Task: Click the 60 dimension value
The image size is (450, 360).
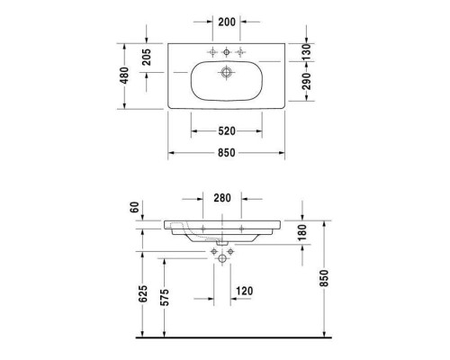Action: coord(135,208)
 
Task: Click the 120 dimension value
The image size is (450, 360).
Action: coord(242,291)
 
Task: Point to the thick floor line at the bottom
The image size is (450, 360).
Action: coord(225,337)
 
